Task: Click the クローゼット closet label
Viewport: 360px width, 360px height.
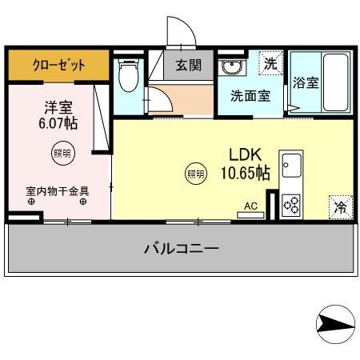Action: pos(58,65)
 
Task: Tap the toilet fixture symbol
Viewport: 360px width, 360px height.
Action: pos(126,76)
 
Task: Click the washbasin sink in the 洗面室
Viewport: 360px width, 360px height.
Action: pos(232,66)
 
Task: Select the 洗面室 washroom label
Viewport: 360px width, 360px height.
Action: pos(250,96)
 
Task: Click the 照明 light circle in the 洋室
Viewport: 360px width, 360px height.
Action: pos(61,152)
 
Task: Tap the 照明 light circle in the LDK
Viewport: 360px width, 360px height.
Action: pos(194,172)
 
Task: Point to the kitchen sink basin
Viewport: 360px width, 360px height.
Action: pos(290,166)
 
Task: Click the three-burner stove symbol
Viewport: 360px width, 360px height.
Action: pos(290,204)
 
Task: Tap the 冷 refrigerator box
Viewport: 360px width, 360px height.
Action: pos(340,207)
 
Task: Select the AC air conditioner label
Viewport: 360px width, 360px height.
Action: pos(250,206)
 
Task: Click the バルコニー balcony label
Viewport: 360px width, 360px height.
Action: pos(182,249)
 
